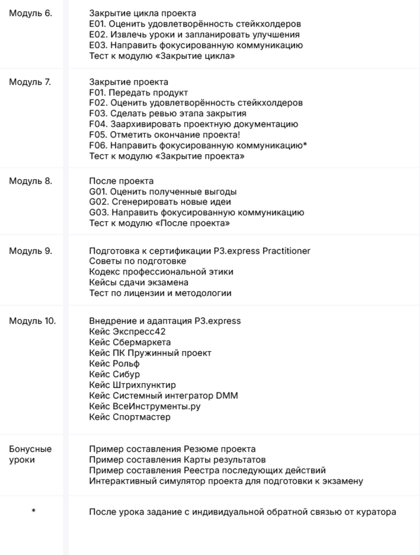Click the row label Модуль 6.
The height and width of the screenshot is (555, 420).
[x=30, y=13]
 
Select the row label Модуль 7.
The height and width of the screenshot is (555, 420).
[x=30, y=82]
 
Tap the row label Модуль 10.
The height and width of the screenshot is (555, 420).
[x=32, y=321]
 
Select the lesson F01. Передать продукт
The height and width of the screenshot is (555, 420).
[x=138, y=92]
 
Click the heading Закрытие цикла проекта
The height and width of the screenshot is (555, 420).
[x=143, y=13]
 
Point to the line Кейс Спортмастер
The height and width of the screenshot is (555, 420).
[x=129, y=417]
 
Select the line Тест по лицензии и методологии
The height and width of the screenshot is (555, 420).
[x=160, y=293]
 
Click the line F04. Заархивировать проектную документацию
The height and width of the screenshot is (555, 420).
[x=193, y=125]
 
